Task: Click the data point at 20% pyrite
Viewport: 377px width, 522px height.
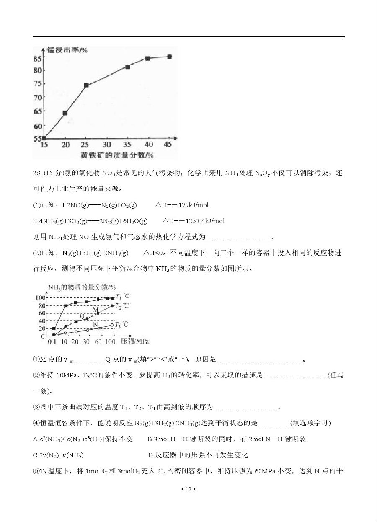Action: (x=65, y=113)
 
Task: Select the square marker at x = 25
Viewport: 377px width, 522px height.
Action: (x=86, y=85)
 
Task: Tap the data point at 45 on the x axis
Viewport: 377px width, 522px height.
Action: (x=169, y=57)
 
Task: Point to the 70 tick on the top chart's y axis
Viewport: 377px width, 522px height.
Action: (x=38, y=97)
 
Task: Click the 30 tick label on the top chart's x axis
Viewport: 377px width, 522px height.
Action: (x=107, y=145)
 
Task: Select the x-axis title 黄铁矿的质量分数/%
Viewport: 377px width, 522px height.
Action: (x=118, y=155)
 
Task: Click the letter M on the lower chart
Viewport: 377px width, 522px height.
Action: (x=96, y=309)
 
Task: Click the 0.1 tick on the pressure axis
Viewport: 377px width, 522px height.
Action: (x=52, y=342)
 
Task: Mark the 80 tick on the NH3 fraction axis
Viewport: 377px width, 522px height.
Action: (x=42, y=305)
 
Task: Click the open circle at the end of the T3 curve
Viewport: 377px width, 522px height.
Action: (x=112, y=325)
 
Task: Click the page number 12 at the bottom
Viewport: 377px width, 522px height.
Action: (x=188, y=489)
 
